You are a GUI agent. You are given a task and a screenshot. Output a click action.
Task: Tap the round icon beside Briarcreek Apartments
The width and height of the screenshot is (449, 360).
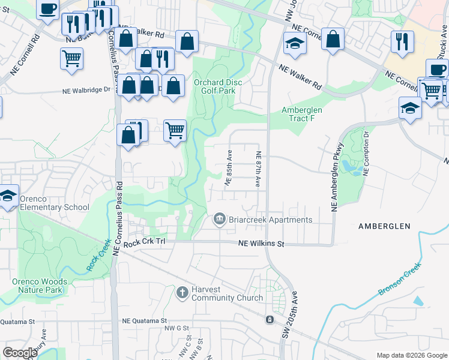[219, 220]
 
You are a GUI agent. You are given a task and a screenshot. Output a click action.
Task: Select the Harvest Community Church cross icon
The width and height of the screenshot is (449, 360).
[182, 293]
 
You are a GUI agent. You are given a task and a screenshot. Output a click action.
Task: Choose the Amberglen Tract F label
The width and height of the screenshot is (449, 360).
[302, 114]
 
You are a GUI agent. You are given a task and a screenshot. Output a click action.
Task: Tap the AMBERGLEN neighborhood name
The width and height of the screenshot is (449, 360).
[384, 226]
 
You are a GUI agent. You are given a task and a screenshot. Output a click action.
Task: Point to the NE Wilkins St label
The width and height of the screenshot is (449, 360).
[261, 244]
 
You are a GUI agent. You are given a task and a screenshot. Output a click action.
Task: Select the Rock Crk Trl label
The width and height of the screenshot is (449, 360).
[143, 244]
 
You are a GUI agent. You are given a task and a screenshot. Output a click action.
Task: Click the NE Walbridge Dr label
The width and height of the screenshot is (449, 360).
[87, 91]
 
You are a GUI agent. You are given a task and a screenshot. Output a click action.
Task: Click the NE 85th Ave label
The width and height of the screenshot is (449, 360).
[229, 167]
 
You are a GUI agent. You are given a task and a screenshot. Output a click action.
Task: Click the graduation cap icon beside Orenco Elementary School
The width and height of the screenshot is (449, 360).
[8, 196]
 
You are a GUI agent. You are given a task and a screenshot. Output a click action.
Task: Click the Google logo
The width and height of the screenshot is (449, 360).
[20, 352]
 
